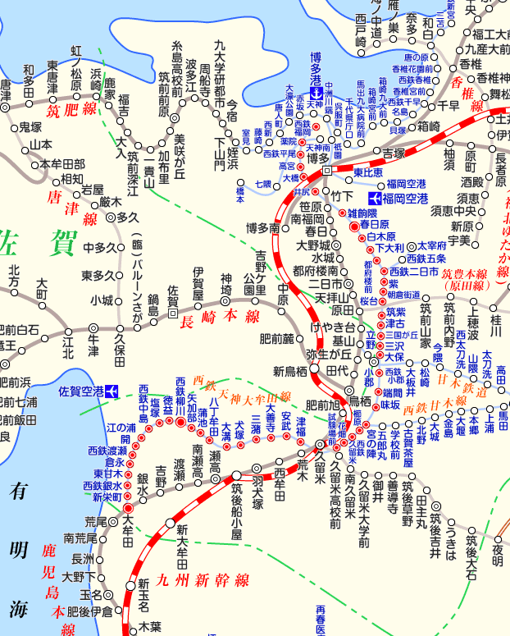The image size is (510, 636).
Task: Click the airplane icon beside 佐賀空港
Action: (111, 390)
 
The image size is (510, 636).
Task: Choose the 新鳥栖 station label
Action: (289, 370)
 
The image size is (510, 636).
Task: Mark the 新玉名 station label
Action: (143, 596)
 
